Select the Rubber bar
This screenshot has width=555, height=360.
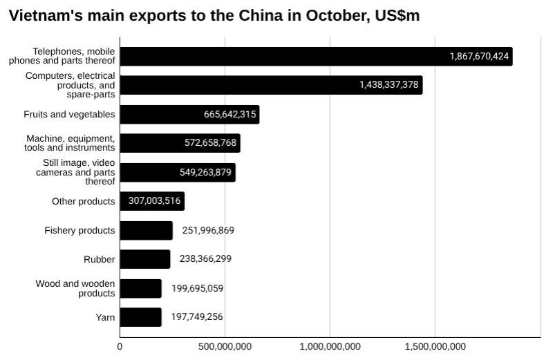[x=144, y=259]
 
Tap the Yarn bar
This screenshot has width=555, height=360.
[x=140, y=317]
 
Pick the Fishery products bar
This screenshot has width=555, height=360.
[x=146, y=230]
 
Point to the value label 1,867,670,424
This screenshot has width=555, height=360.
[x=479, y=56]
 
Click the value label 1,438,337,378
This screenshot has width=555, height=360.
[x=388, y=85]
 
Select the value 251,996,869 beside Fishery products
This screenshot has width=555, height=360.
[x=208, y=230]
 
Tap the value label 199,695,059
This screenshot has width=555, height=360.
[x=197, y=288]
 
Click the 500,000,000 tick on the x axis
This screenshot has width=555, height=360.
[x=225, y=346]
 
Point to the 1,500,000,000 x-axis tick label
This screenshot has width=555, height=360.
[x=435, y=346]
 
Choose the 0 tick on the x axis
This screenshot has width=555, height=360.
[x=120, y=346]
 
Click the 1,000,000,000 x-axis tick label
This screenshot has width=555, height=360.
[x=330, y=346]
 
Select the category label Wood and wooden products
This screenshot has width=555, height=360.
[x=75, y=288]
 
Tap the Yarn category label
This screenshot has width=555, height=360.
[x=105, y=317]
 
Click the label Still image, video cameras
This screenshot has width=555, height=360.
[x=75, y=172]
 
